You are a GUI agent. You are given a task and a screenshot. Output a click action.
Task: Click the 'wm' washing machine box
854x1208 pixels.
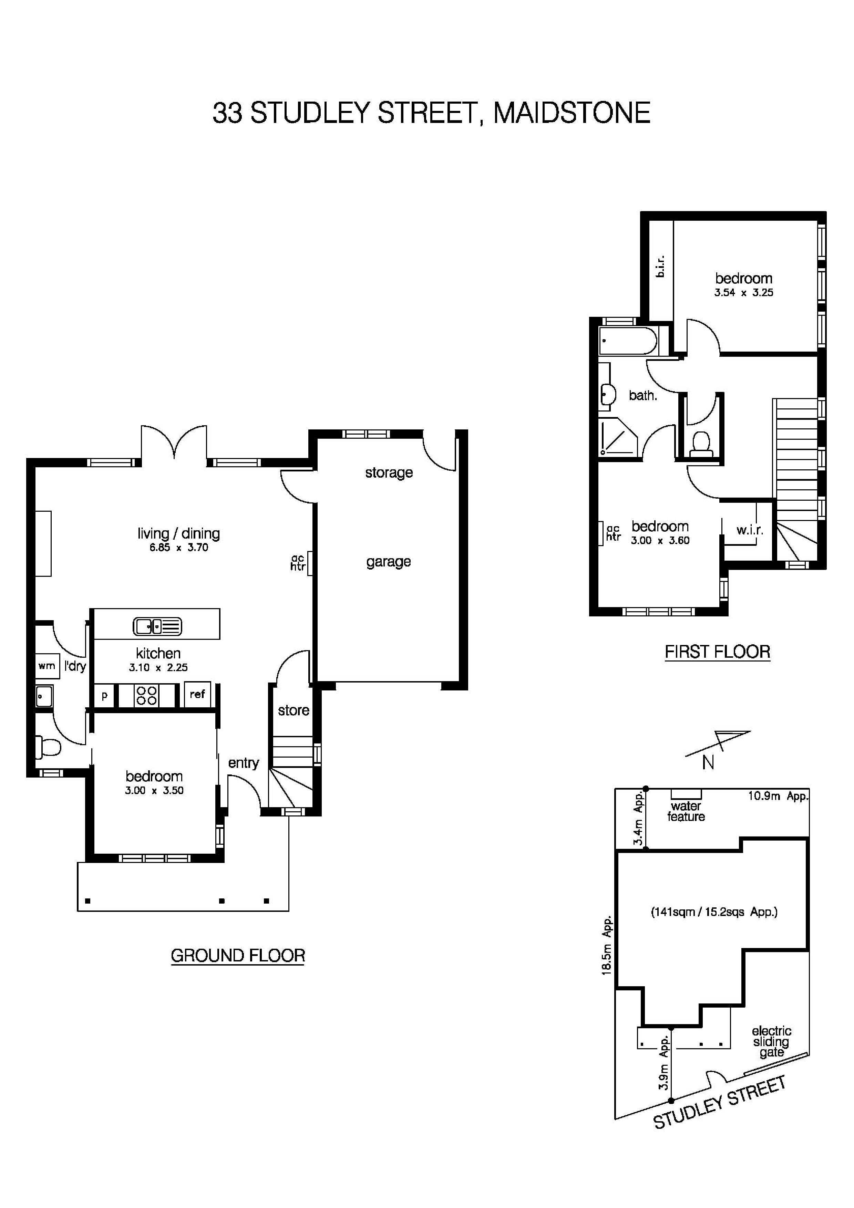[x=46, y=666]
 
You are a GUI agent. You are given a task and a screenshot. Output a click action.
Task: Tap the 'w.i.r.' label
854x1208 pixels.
[x=749, y=530]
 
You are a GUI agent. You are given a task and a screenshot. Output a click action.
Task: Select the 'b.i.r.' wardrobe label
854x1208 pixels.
[x=660, y=266]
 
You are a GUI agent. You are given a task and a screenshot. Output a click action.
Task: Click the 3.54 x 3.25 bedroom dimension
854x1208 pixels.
[x=743, y=292]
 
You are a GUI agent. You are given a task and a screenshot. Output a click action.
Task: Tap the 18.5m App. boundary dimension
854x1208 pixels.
[x=607, y=946]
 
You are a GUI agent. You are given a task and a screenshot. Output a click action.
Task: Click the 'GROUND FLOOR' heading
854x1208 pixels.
[x=238, y=956]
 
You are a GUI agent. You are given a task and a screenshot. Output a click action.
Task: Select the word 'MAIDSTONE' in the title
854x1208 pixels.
[x=572, y=113]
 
